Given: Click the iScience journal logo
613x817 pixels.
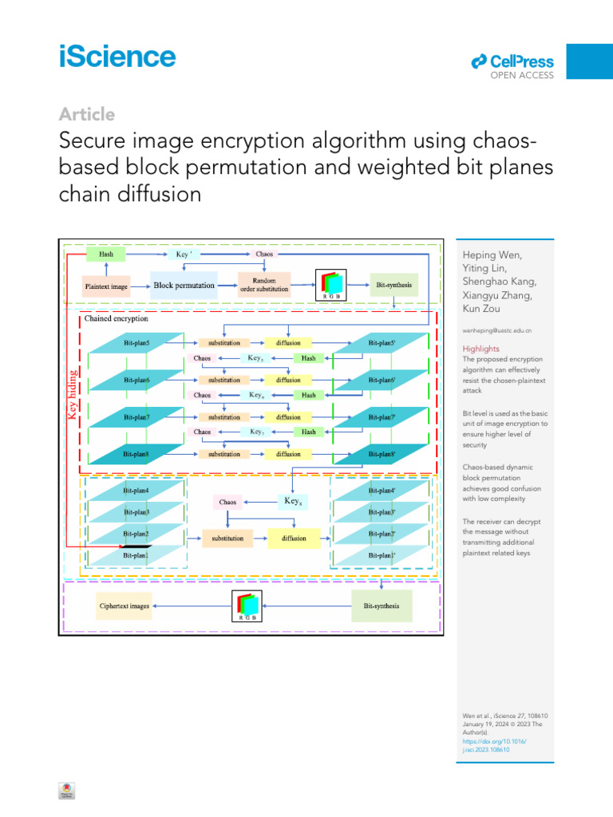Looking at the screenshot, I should pos(117,57).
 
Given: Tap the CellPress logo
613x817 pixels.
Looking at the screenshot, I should pos(512,61).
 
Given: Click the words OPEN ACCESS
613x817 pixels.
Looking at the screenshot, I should pos(522,76).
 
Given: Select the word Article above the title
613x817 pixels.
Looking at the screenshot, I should pos(87,114).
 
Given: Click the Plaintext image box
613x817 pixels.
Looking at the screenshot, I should pos(106,286).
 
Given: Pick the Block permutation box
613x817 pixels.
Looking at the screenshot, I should pos(184,286).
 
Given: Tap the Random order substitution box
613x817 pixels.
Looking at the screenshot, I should pos(264,286).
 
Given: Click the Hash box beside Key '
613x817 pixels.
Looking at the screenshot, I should pos(106,254).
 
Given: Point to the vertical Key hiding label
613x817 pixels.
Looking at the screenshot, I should pos(73,393).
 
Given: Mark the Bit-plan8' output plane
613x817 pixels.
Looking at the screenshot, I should pos(383,454).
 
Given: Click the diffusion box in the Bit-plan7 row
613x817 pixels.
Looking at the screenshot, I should pos(288,417).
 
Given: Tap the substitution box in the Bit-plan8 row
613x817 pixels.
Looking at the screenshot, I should pos(224,454).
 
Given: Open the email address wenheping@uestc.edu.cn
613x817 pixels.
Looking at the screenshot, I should pos(498,330).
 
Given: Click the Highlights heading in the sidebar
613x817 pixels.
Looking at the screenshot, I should pos(481,349).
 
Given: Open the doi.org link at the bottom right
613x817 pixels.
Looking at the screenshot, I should pos(495,746).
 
